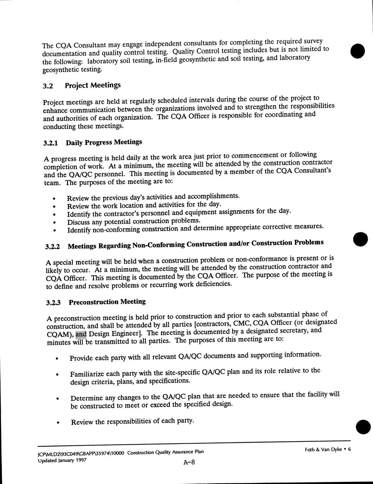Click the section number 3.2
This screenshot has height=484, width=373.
click(47, 86)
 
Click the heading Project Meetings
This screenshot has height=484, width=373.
click(93, 85)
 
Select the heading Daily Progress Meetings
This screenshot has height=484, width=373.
click(104, 142)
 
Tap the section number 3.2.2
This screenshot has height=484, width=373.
click(53, 246)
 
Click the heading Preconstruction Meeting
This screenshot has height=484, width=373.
click(107, 302)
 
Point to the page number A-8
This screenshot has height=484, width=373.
click(189, 462)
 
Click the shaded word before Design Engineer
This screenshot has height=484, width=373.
click(81, 333)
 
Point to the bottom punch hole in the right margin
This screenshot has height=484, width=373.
click(363, 427)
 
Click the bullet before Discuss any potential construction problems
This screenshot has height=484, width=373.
click(54, 223)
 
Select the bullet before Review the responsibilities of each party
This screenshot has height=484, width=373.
click(58, 423)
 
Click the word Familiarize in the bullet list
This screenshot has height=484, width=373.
click(86, 374)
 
